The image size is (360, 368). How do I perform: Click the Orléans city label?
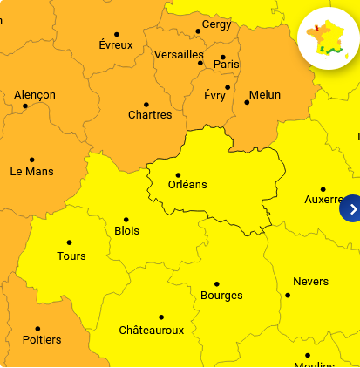pos(187,185)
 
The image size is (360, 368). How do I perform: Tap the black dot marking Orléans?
pos(179,174)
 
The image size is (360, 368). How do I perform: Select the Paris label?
pos(226,64)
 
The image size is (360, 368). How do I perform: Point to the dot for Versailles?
pos(200,63)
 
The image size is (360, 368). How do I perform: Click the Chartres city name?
pos(150,115)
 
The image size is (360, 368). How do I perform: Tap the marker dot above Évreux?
pos(117,35)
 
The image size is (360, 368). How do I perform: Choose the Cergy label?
pos(216,24)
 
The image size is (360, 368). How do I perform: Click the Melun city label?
pos(265,95)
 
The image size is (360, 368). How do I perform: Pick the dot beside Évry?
pos(228,86)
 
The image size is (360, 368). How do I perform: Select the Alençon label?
pos(35,95)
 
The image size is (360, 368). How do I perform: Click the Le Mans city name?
pos(31,171)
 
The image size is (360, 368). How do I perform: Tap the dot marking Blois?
pos(126,220)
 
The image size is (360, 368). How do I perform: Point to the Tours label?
pos(71,256)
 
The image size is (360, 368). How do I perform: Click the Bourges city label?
pos(221,296)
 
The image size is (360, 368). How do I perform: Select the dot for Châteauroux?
pos(161,317)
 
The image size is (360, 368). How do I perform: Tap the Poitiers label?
pos(42,339)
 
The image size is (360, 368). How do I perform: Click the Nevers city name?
pos(310,282)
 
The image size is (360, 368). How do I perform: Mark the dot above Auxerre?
pos(323,189)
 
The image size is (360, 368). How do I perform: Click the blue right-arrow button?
pos(351,208)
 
